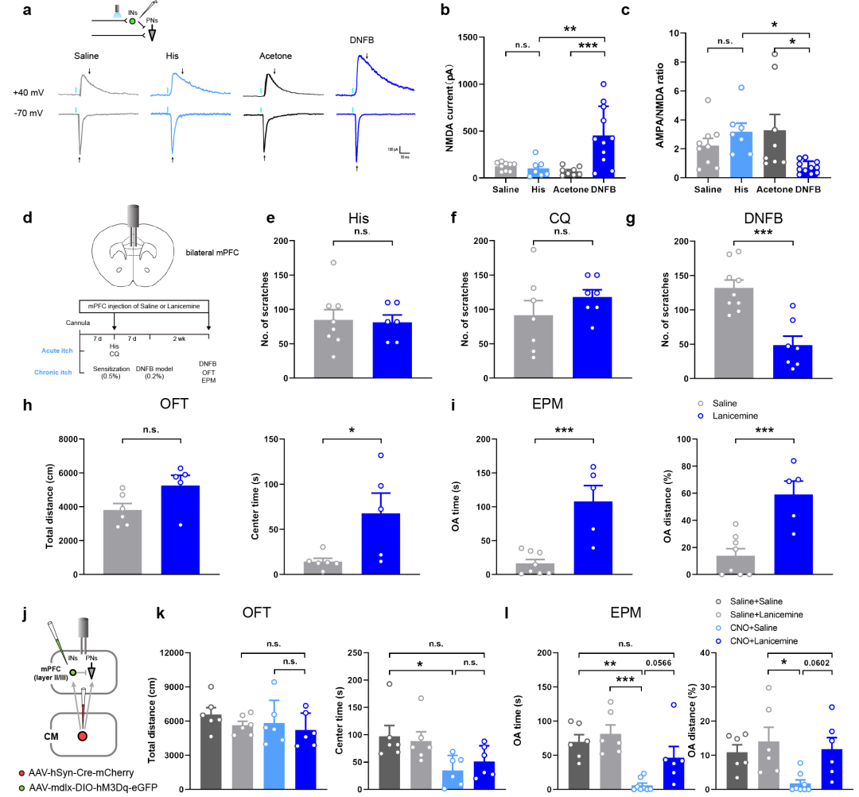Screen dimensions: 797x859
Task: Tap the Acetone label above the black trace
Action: tap(276, 57)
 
